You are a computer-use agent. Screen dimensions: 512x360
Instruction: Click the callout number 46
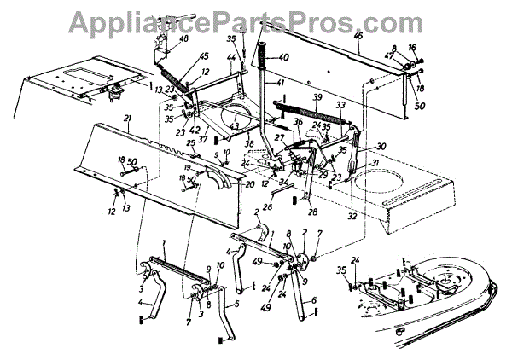[x=358, y=35]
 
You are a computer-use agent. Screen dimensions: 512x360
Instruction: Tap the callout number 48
[x=184, y=38]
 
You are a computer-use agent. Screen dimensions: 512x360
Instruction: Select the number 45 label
[x=203, y=56]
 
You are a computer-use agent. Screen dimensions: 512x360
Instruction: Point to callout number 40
[x=284, y=58]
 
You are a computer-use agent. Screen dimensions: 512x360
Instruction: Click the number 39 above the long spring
[x=317, y=96]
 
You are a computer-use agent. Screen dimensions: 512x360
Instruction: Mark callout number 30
[x=381, y=146]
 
